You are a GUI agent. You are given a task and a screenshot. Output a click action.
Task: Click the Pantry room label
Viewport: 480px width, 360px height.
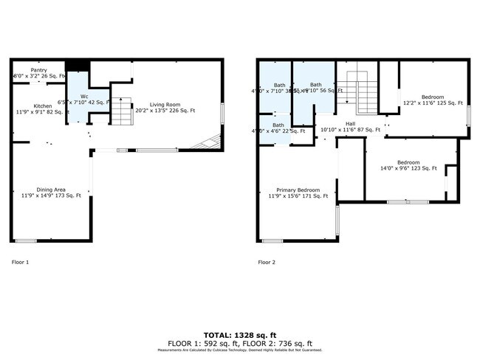(29, 71)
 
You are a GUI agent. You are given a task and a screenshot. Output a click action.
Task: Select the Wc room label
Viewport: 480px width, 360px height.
(84, 96)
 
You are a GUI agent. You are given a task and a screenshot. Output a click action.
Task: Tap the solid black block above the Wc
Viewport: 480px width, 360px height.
(77, 66)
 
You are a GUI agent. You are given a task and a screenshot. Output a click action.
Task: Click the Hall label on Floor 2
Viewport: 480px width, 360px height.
(350, 124)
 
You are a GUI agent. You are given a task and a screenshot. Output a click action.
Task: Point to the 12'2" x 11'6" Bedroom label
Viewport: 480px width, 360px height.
(432, 97)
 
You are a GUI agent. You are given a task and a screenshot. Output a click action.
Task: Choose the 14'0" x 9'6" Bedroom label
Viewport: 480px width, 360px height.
(408, 162)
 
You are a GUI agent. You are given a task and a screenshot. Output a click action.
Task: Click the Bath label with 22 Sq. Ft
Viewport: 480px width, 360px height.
(278, 125)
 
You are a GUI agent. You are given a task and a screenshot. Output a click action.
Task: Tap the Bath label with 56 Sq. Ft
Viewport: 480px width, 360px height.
(315, 85)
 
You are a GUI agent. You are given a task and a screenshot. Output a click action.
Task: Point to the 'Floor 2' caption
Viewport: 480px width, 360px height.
(267, 262)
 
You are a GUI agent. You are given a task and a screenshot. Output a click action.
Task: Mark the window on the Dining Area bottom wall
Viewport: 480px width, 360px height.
(27, 240)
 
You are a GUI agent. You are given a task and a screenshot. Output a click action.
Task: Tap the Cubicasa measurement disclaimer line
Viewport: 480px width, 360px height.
(239, 350)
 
